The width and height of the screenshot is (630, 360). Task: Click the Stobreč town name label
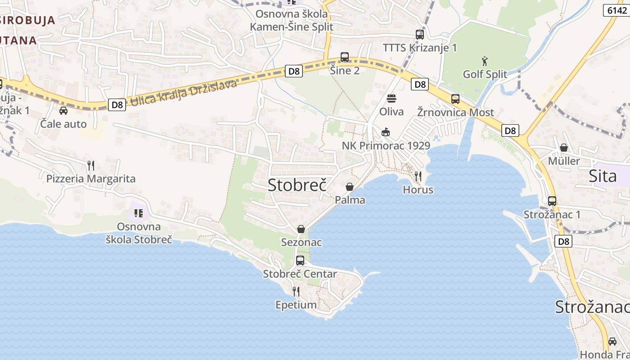297,184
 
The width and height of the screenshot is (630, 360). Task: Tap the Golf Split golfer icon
485,61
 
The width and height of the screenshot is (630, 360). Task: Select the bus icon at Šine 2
345,57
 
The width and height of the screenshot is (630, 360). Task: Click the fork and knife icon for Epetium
296,292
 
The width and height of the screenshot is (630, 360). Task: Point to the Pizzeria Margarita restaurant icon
91,166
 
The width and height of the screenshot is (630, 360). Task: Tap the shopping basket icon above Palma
350,186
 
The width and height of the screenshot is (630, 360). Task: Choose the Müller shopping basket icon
564,148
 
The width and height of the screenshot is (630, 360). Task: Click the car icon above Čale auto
63,110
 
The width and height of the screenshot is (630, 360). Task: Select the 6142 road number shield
616,10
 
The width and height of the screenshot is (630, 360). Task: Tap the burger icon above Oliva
391,98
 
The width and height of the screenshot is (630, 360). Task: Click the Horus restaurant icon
418,176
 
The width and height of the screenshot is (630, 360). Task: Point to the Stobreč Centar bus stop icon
300,261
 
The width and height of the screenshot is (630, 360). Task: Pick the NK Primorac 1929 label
386,146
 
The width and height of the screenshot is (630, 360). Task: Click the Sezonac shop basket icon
301,229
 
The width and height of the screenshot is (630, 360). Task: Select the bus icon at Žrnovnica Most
455,99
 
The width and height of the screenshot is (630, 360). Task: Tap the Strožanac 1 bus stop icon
552,201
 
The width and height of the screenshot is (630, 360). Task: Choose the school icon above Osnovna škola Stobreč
139,213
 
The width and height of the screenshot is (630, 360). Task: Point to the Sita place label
603,176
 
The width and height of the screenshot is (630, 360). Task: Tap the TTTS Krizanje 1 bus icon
420,34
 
